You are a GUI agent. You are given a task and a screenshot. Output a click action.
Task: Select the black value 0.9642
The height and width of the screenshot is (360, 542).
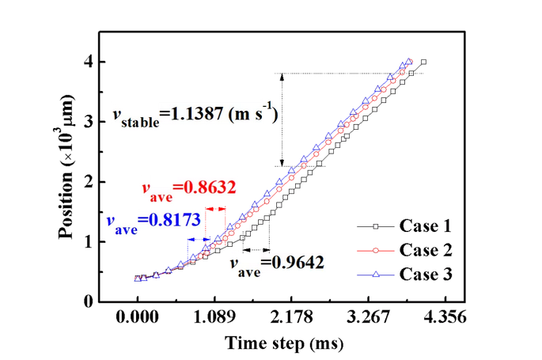click(299, 261)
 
